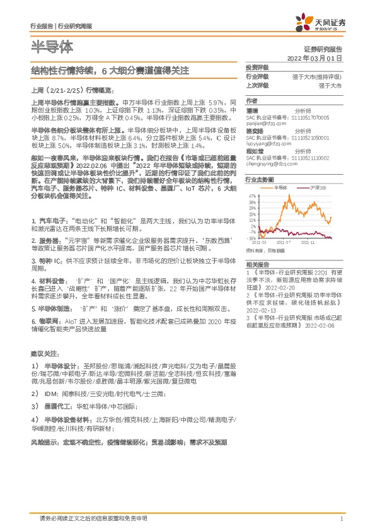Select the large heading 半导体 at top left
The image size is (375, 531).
(x=52, y=46)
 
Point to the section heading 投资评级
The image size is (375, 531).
(x=257, y=67)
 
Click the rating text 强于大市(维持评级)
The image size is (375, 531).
(x=317, y=76)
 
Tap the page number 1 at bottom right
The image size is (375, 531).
(x=341, y=519)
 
